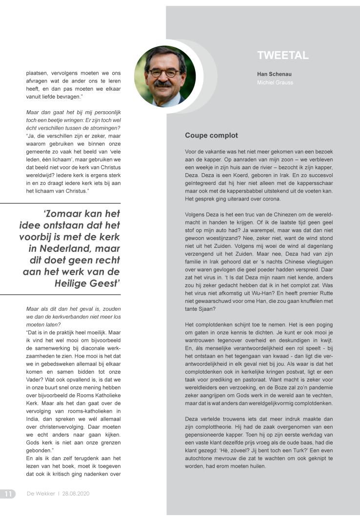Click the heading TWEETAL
282,56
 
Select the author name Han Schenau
274,74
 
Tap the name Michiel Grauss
275,82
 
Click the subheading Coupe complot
211,135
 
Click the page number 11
8,494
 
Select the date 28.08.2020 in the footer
76,494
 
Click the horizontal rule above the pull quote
60,203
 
